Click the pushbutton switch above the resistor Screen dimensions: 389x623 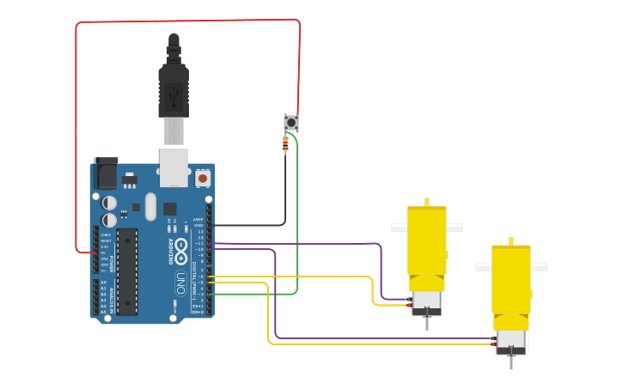pyautogui.click(x=291, y=123)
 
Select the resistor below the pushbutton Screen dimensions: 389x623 pyautogui.click(x=285, y=144)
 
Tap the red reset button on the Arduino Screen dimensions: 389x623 pyautogui.click(x=203, y=178)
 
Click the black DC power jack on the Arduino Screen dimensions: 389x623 pyautogui.click(x=105, y=174)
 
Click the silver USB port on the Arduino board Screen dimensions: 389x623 pyautogui.click(x=174, y=167)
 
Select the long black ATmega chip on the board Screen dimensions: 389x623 pyautogui.click(x=127, y=271)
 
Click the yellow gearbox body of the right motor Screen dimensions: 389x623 pyautogui.click(x=511, y=279)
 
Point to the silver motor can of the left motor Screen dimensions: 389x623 pyautogui.click(x=427, y=301)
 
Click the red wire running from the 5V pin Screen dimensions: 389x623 pyautogui.click(x=76, y=129)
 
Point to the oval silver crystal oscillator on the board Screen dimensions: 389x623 pyautogui.click(x=151, y=206)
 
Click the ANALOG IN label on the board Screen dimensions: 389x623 pyautogui.click(x=112, y=297)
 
